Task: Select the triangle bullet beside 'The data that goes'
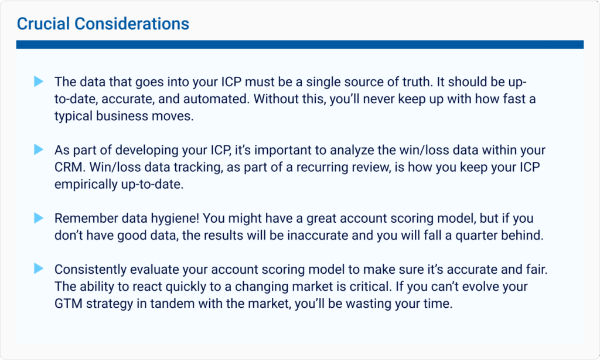coord(39,81)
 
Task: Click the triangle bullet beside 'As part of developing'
coord(39,150)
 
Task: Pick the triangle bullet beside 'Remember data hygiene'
coord(39,218)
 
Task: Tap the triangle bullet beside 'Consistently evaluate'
coord(39,269)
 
